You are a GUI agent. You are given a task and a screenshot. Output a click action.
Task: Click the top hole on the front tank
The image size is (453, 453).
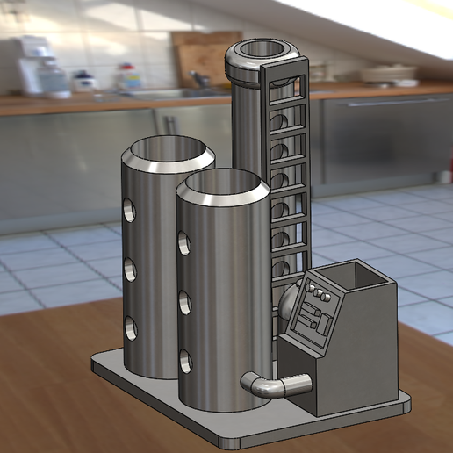click(183, 242)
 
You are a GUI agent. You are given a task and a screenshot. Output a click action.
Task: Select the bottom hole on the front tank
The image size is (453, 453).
click(186, 361)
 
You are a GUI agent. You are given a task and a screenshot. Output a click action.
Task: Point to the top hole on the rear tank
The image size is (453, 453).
click(129, 210)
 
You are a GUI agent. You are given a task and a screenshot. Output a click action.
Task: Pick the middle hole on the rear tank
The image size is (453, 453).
click(130, 269)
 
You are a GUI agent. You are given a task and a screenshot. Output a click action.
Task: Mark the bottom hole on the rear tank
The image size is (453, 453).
click(130, 327)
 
